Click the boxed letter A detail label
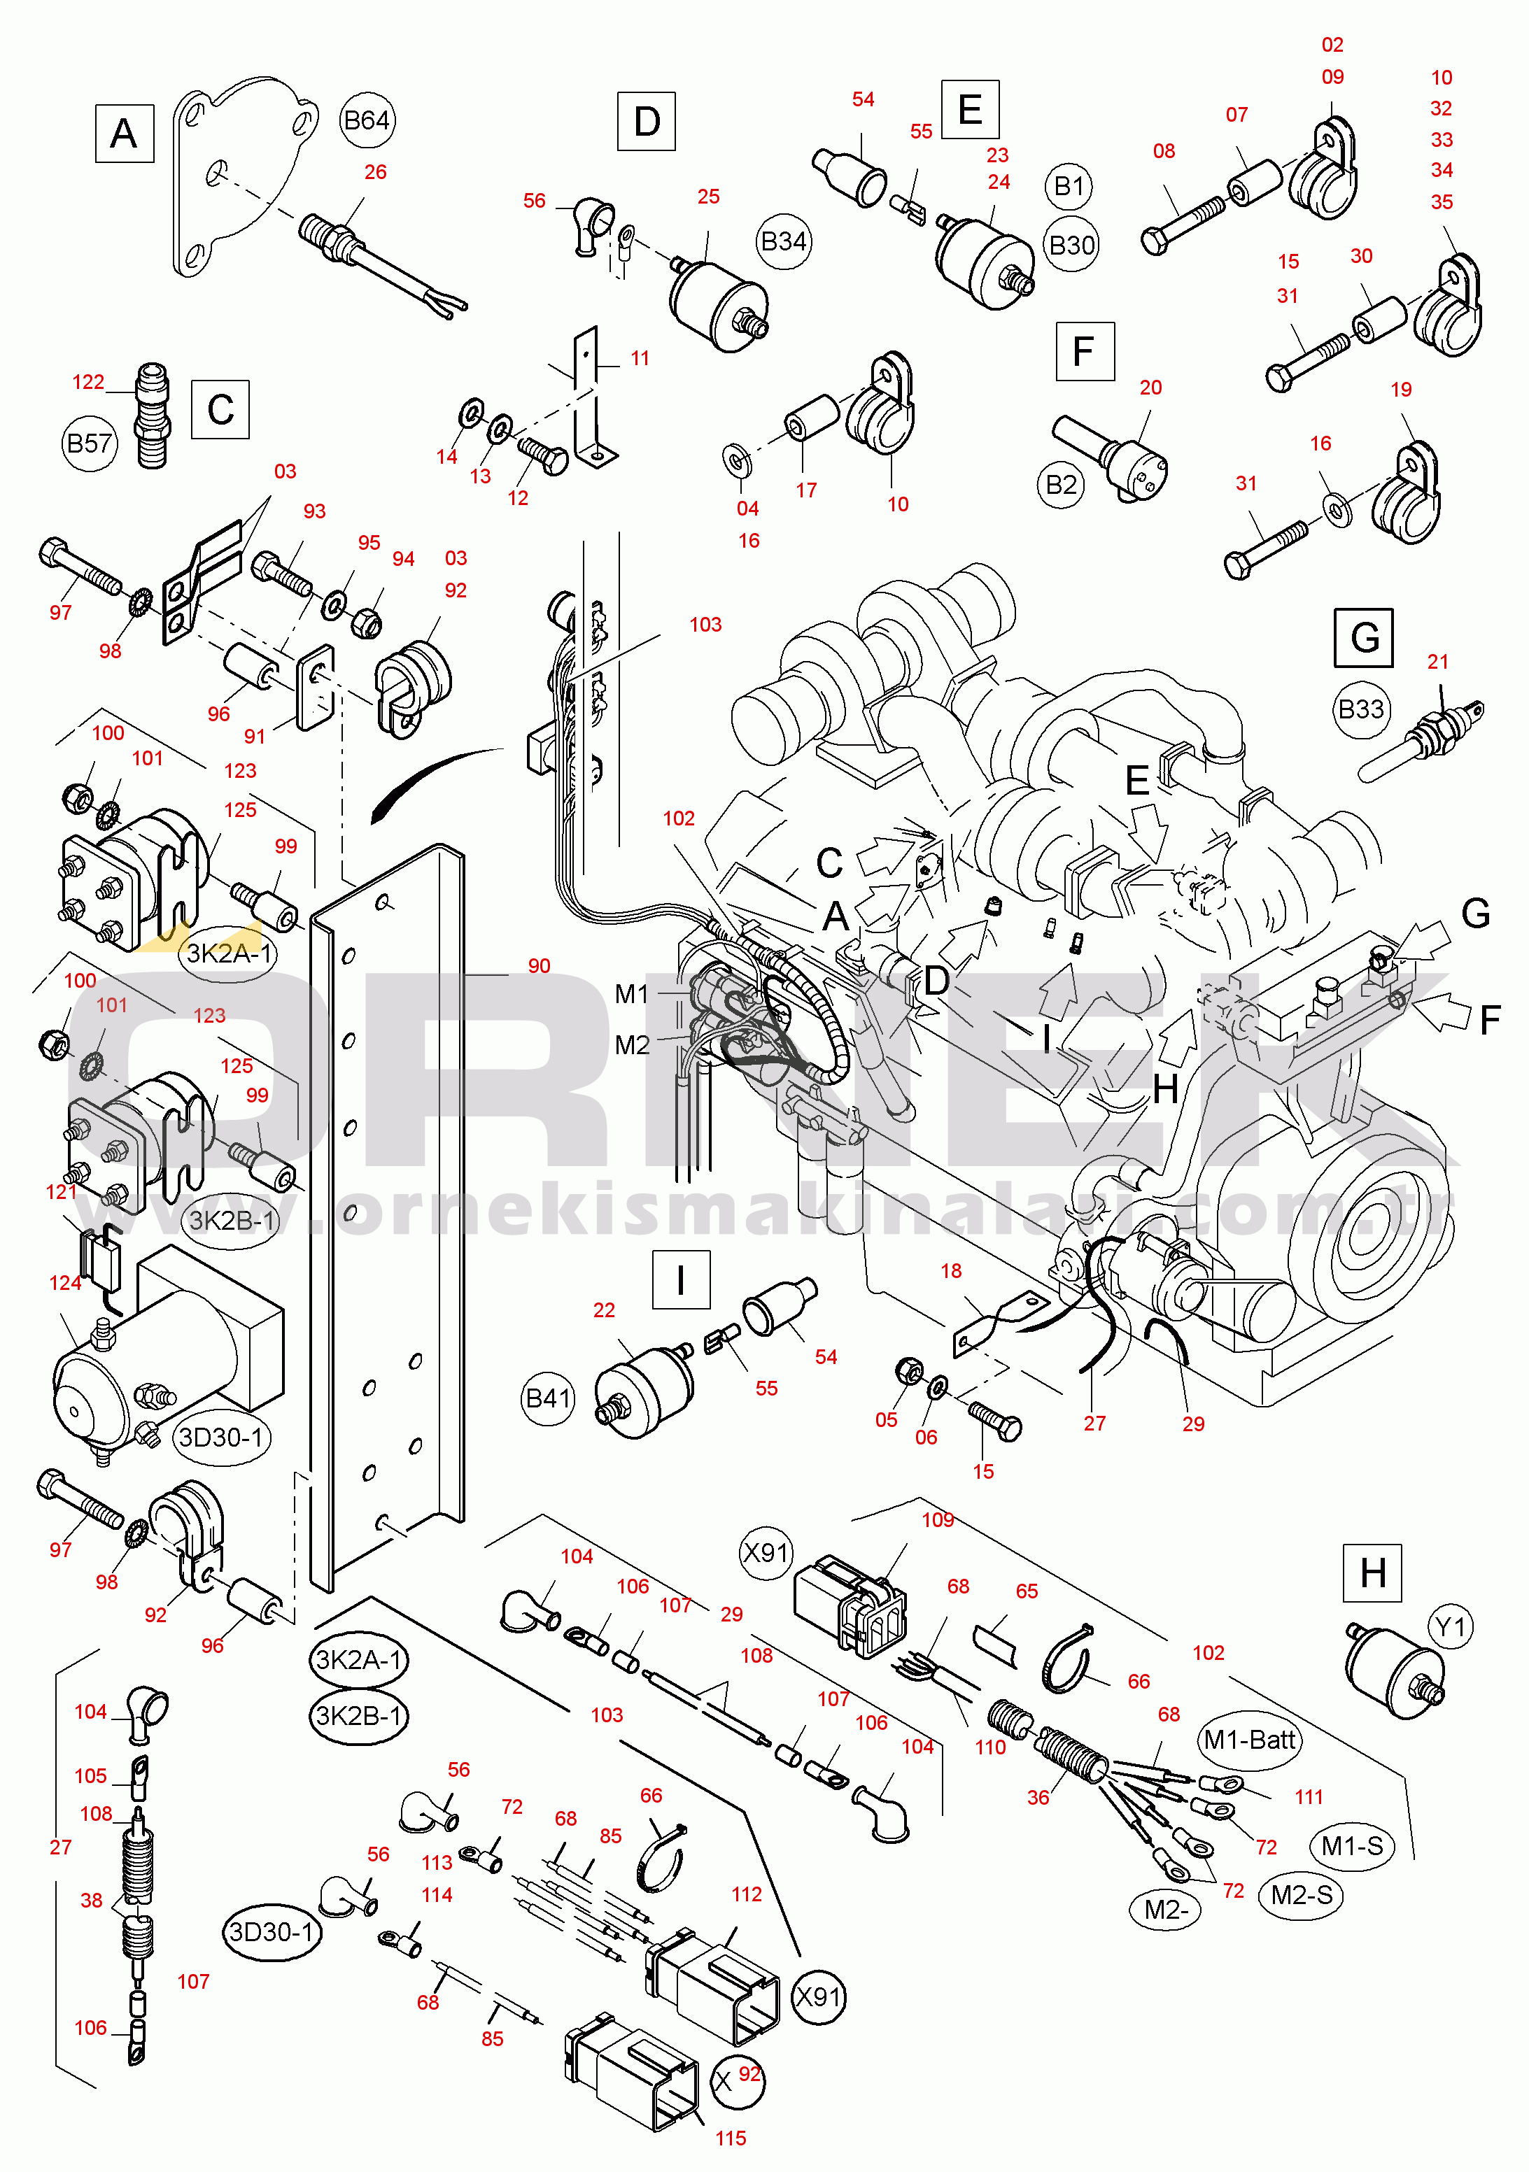pos(124,134)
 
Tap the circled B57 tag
pos(90,443)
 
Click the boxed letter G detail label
pos(1363,637)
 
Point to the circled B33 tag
pos(1360,709)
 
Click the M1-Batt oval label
pos(1249,1740)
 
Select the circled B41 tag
pos(548,1398)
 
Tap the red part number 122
pos(88,382)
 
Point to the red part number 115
pos(731,2138)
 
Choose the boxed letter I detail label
pos(680,1280)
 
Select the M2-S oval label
pos(1302,1895)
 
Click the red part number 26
pos(376,172)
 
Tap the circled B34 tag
pos(784,242)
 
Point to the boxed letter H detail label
pos(1372,1573)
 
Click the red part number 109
pos(938,1519)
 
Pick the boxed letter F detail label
pos(1085,351)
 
